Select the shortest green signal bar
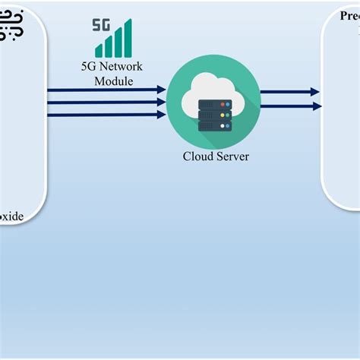click(99, 52)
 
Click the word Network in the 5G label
click(119, 67)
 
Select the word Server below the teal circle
click(232, 156)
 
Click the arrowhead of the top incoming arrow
click(161, 90)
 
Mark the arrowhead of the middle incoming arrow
click(161, 103)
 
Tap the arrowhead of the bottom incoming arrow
click(161, 115)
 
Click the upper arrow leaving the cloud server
click(289, 93)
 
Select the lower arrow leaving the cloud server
click(289, 106)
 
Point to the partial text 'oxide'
click(11, 216)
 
